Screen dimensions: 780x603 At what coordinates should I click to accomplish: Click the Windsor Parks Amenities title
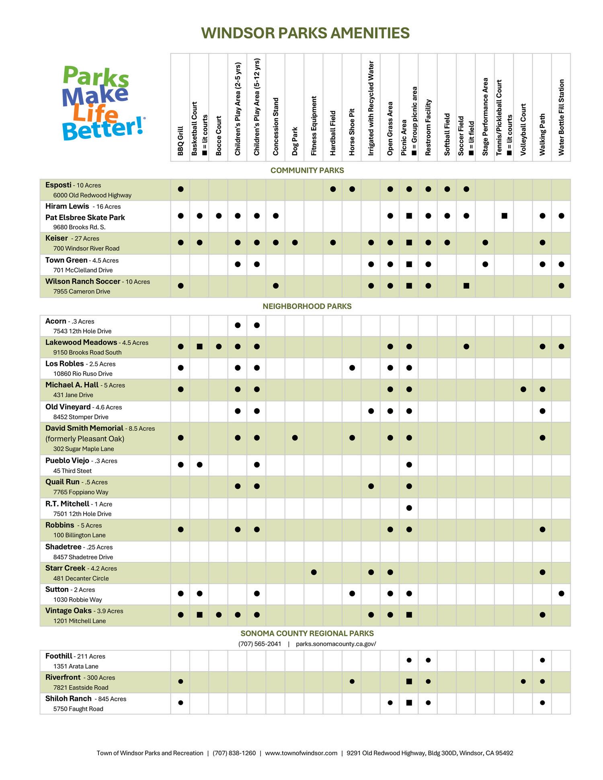click(x=305, y=33)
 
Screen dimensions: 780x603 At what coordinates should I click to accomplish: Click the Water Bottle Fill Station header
click(x=561, y=117)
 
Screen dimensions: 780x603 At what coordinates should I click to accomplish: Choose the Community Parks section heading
click(x=307, y=170)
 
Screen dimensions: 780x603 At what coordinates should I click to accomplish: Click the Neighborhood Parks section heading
click(x=307, y=306)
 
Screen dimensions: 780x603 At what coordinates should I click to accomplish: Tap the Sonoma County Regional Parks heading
click(x=307, y=633)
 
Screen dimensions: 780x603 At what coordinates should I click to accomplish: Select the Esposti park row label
click(x=58, y=185)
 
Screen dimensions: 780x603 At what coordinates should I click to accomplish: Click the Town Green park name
click(x=66, y=260)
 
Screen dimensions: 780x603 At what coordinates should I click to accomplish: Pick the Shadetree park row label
click(x=63, y=547)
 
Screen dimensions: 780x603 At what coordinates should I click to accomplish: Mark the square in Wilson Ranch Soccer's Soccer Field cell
click(x=466, y=286)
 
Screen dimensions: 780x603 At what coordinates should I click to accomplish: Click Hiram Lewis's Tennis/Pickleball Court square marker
click(x=505, y=216)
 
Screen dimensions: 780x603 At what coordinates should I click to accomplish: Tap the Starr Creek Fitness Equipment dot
click(x=314, y=572)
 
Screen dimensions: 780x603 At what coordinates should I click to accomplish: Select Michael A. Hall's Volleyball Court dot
click(x=523, y=389)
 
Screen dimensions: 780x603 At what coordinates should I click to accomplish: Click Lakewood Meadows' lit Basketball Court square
click(x=199, y=346)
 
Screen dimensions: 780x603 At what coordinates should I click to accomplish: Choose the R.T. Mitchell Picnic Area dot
click(x=409, y=508)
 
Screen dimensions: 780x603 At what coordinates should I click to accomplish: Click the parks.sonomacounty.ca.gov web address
click(x=336, y=644)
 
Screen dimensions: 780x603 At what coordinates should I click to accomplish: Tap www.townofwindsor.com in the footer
click(x=301, y=753)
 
